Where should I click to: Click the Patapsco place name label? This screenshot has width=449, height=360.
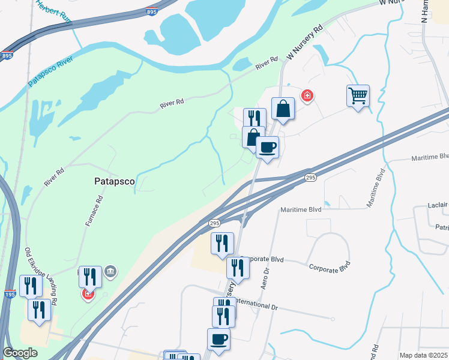coord(115,180)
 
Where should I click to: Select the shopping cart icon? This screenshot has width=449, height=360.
coord(358,95)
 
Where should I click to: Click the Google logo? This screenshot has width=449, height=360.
coord(20,353)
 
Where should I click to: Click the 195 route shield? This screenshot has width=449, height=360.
coord(10,294)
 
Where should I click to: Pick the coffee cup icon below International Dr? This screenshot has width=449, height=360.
coord(218,340)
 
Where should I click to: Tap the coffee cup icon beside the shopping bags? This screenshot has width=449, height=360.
coord(267,146)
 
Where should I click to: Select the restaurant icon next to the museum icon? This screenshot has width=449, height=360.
coord(90,277)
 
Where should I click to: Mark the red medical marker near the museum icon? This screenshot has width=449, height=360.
coord(88,294)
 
